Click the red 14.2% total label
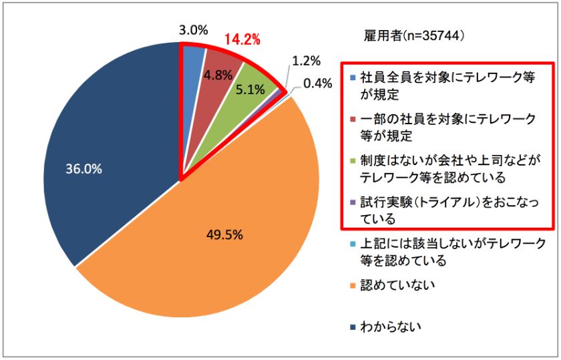click(241, 39)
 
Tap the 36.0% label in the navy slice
click(83, 170)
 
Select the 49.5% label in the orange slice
click(224, 234)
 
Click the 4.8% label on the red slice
click(217, 75)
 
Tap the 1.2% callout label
click(307, 61)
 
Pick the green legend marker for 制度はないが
click(353, 162)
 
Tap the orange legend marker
click(353, 286)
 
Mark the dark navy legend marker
click(353, 327)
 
